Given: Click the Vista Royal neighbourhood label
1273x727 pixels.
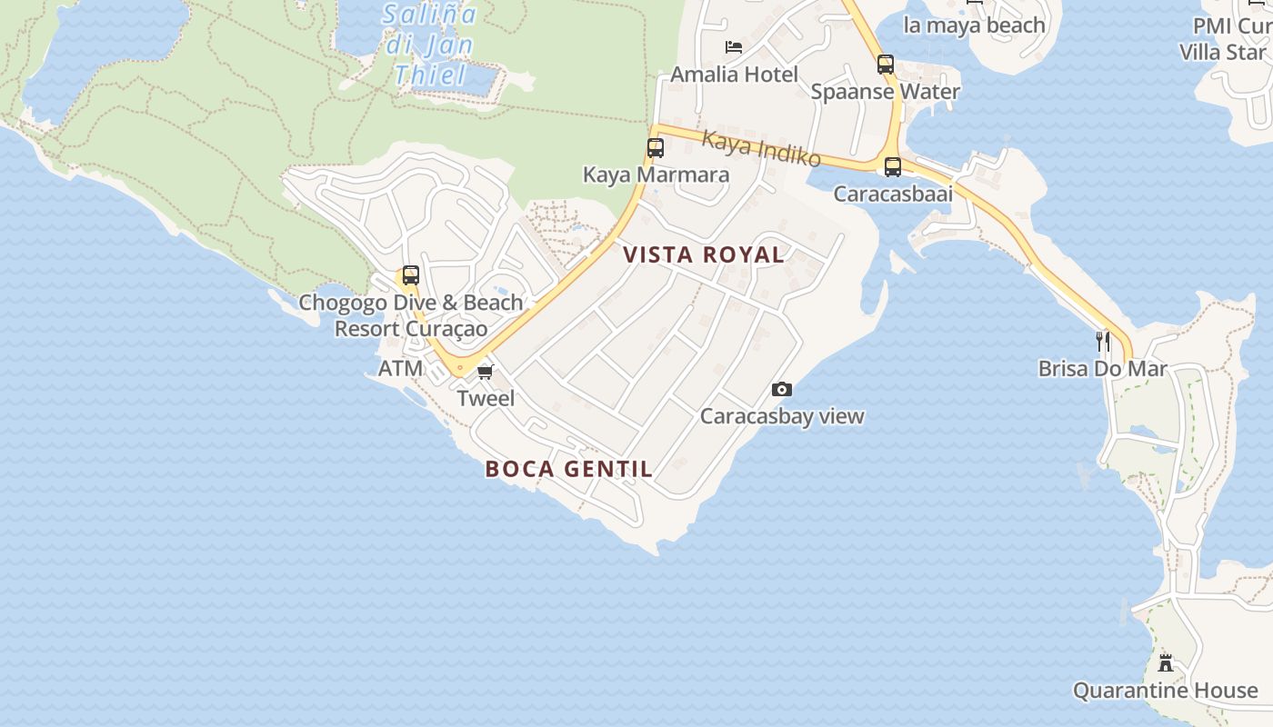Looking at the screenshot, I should pos(705,255).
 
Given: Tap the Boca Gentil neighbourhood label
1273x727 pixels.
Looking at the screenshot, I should pos(569,469).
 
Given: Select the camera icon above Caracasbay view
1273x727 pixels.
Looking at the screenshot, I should pos(781,390).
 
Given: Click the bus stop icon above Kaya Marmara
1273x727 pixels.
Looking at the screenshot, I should pos(655,147).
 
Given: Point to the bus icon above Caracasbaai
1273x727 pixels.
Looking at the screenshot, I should pos(893,167).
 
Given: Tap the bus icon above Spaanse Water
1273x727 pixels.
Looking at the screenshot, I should pos(886,65).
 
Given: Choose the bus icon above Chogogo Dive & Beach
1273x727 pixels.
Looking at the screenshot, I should pos(411,275).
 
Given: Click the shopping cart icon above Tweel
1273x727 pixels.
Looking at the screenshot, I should pos(486,372).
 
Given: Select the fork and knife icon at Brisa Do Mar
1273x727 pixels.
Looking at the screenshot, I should pos(1103,342).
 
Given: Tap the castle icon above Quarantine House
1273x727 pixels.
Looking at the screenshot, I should pos(1166,662).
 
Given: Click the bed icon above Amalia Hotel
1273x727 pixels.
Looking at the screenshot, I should pos(734,47).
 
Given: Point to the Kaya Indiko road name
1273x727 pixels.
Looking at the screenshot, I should pos(762,149).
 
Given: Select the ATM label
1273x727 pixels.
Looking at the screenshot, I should pos(401,368).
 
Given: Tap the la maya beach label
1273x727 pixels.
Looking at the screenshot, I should pos(974,25).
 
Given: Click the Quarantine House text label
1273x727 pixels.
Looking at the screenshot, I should pos(1166,691).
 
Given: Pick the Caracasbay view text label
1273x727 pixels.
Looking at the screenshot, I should pos(782,416).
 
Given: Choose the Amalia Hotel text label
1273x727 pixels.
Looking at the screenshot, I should pos(735,75).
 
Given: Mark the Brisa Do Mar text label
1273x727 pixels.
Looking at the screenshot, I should pos(1103,369).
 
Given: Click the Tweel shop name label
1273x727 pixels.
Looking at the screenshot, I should pos(486,398).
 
